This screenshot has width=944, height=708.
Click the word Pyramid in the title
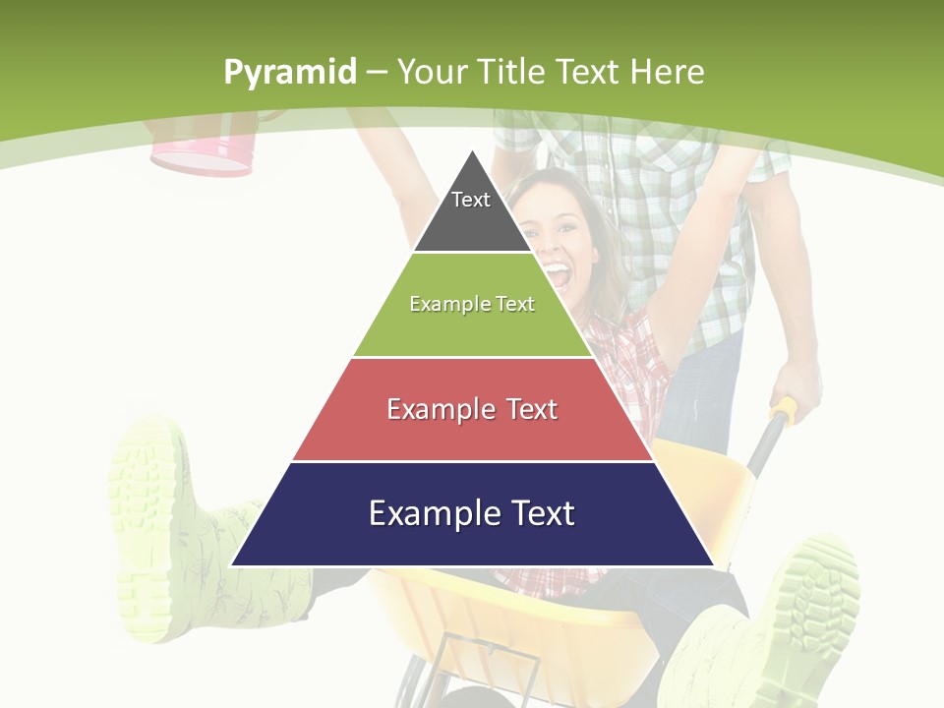(x=289, y=73)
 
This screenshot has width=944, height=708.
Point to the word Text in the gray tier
(x=471, y=200)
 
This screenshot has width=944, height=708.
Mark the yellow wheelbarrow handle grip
(x=784, y=412)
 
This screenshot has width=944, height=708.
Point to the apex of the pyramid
(x=472, y=152)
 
